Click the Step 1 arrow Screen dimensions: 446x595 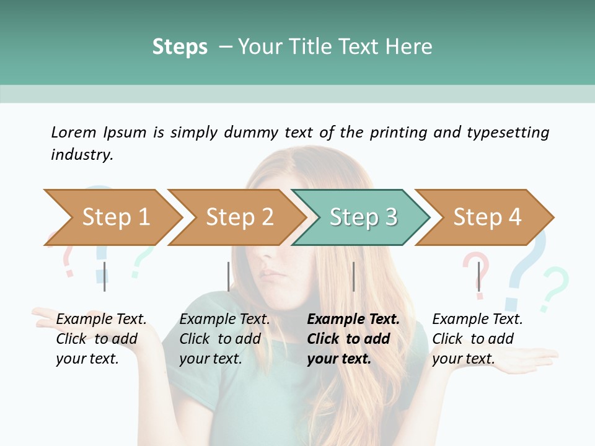click(x=115, y=217)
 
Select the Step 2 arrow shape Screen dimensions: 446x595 click(x=239, y=217)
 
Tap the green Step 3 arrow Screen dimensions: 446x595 click(x=363, y=217)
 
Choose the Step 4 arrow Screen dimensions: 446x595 click(x=487, y=217)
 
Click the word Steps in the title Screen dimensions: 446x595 click(x=180, y=46)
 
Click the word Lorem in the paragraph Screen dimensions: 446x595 click(x=73, y=132)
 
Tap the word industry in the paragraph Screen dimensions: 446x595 click(x=82, y=154)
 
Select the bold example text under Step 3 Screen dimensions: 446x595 click(x=353, y=339)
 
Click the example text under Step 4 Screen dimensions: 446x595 click(x=477, y=339)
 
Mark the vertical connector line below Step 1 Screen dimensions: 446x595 click(x=105, y=276)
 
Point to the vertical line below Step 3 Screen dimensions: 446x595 click(x=353, y=276)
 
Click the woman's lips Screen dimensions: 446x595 click(x=271, y=273)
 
